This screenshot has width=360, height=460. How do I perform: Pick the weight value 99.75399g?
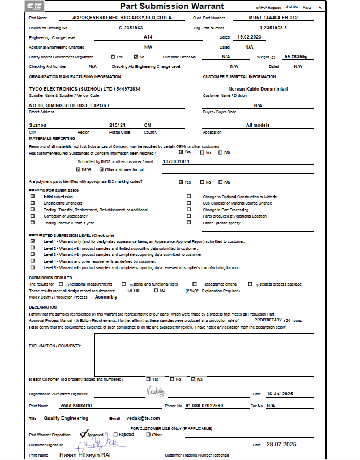296,57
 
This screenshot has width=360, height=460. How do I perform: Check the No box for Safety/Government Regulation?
136,57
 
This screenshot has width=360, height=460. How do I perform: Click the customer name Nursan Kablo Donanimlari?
258,89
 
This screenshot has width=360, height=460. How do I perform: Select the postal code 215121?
118,125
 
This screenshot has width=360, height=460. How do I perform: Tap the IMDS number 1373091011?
176,161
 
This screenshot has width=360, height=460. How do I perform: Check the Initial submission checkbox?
32,197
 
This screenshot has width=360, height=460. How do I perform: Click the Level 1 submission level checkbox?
32,241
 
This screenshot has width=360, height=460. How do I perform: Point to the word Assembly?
106,297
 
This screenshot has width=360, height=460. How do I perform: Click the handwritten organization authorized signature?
155,391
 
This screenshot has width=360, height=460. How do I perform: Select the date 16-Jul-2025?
280,394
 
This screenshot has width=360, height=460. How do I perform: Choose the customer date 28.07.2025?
282,445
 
